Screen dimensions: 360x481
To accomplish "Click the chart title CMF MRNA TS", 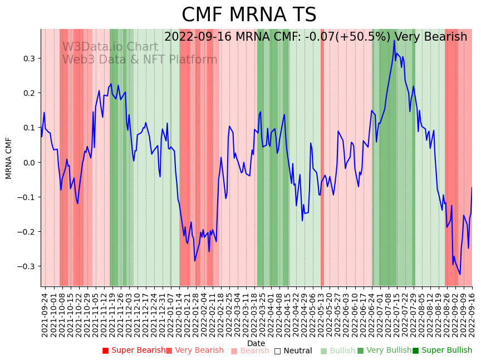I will (x=249, y=15).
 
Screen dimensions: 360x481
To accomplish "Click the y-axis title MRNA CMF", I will (x=9, y=158).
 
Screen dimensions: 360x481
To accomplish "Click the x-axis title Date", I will (x=256, y=343).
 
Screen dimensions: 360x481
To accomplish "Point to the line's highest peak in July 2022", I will (x=394, y=40).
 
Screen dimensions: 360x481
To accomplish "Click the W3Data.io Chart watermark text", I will (x=110, y=47).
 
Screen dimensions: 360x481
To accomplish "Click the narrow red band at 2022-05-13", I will (x=322, y=167).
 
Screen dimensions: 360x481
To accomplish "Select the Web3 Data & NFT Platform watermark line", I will (x=140, y=60).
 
